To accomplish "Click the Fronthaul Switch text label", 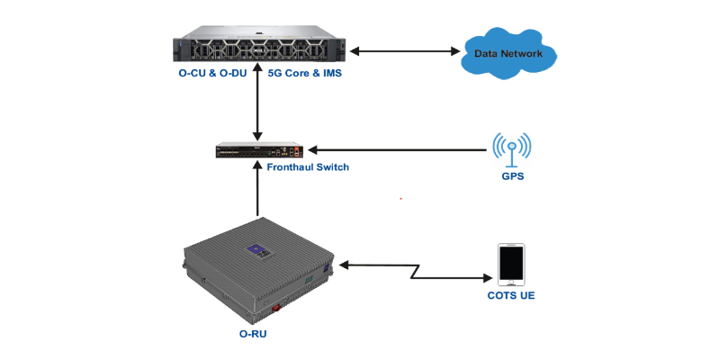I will (x=308, y=167).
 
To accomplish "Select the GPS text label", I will (x=512, y=177).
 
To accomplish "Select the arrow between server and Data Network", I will (x=404, y=51).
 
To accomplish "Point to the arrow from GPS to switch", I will (x=396, y=150).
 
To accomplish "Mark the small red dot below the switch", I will (x=400, y=198).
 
